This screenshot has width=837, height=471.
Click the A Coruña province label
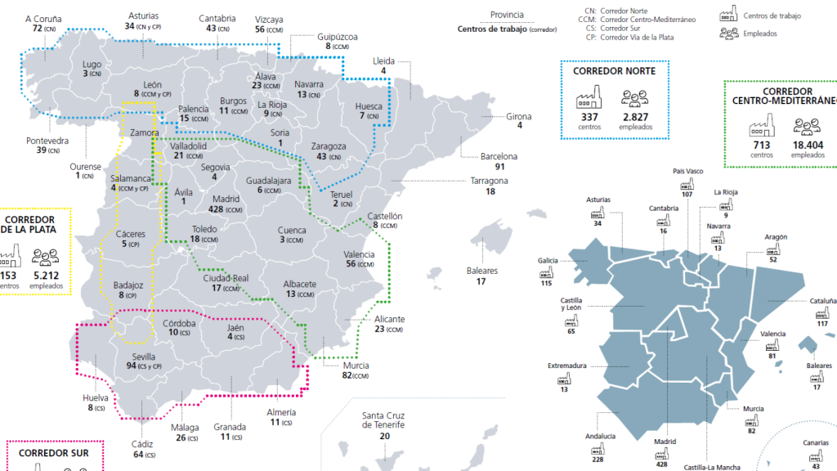43,17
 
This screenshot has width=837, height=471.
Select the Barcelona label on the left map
499,156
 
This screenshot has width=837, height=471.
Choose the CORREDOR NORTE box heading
614,71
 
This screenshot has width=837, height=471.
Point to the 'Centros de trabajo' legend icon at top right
727,16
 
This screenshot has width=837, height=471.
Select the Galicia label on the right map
548,261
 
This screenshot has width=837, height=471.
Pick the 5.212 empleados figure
46,276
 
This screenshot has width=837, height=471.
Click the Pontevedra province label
47,140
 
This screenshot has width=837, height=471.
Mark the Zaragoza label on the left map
329,146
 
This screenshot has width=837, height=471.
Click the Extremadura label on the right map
566,366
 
